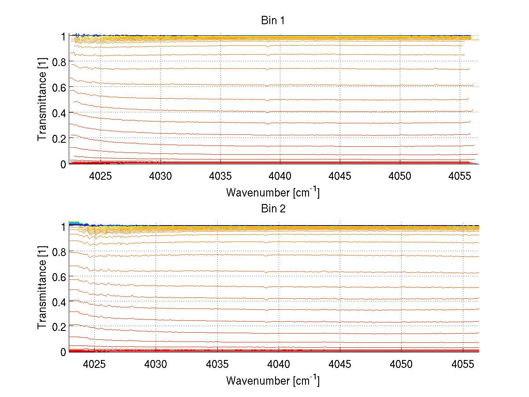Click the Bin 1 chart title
pyautogui.click(x=273, y=20)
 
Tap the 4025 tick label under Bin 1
pyautogui.click(x=101, y=176)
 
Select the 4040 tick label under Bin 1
pyautogui.click(x=281, y=176)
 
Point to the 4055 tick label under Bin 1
pyautogui.click(x=461, y=176)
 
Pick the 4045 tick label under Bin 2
pyautogui.click(x=340, y=364)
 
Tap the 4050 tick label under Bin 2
pyautogui.click(x=402, y=364)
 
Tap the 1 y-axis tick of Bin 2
pyautogui.click(x=63, y=226)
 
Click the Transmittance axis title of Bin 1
pyautogui.click(x=42, y=100)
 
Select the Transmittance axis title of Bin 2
pyautogui.click(x=42, y=289)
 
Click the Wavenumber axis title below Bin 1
pyautogui.click(x=273, y=192)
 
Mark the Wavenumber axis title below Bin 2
pyautogui.click(x=273, y=380)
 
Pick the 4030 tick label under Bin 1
pyautogui.click(x=161, y=176)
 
